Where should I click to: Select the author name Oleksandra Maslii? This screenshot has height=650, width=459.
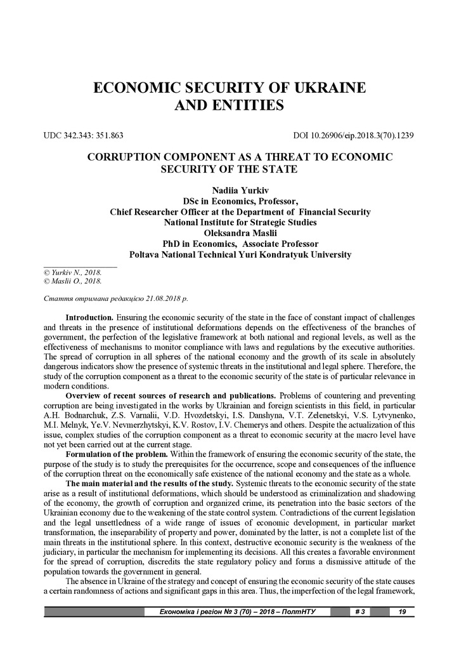pos(229,233)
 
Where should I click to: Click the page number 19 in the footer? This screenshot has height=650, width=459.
pos(402,612)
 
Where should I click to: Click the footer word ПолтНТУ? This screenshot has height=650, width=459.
pos(296,612)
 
